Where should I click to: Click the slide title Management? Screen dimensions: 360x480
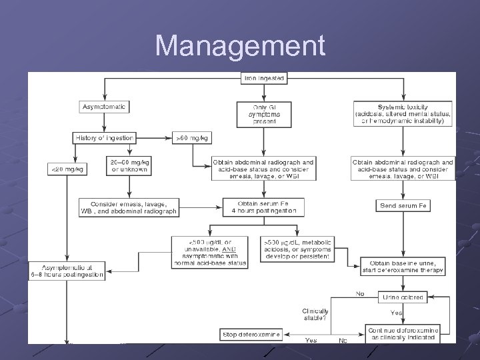(x=240, y=47)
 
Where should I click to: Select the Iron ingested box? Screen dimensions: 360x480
(x=263, y=79)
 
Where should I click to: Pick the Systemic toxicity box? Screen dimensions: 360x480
(x=403, y=113)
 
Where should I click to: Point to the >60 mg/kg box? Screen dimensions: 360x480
(x=192, y=138)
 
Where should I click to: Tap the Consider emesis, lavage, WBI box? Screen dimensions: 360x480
(x=129, y=207)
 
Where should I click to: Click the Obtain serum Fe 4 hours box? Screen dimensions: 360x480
(x=263, y=207)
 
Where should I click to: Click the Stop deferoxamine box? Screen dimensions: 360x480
(x=251, y=333)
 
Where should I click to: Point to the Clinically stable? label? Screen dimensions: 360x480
(x=315, y=314)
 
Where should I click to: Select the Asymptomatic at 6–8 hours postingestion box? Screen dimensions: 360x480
(x=67, y=271)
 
